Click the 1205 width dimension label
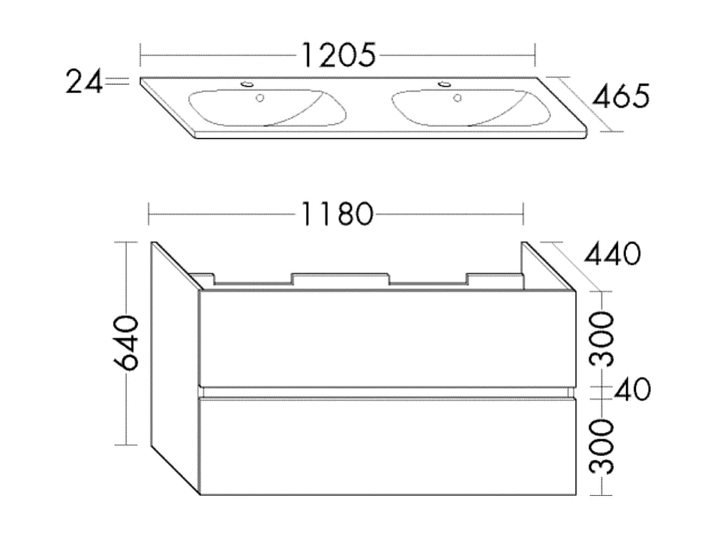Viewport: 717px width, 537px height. pyautogui.click(x=337, y=55)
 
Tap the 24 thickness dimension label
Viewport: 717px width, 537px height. pyautogui.click(x=83, y=81)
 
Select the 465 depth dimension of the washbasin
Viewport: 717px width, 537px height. pyautogui.click(x=620, y=96)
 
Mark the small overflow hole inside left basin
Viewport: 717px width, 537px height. pyautogui.click(x=260, y=98)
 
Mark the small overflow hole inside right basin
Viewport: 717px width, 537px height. pyautogui.click(x=456, y=98)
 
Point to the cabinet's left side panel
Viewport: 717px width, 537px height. pyautogui.click(x=174, y=368)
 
